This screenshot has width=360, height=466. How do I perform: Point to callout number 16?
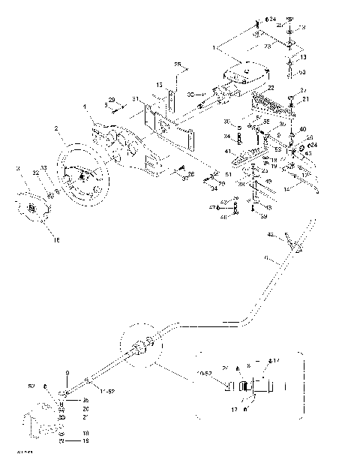click(54, 240)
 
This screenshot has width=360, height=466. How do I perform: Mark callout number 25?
click(178, 64)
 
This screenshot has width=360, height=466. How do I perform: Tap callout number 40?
click(302, 130)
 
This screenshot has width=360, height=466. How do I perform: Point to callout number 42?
click(271, 234)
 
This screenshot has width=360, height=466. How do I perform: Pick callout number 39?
click(264, 216)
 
